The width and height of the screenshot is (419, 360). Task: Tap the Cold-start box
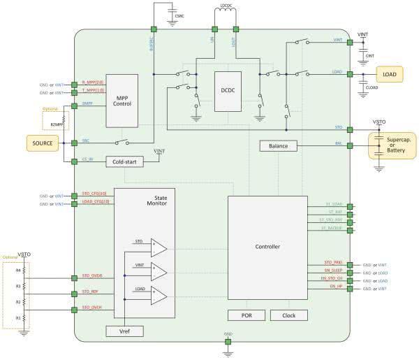tap(124, 161)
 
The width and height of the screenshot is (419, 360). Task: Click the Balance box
tap(279, 146)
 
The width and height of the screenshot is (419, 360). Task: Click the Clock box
tap(288, 315)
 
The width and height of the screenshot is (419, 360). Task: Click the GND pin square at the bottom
tap(228, 341)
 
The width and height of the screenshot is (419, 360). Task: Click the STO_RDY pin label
tap(90, 291)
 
